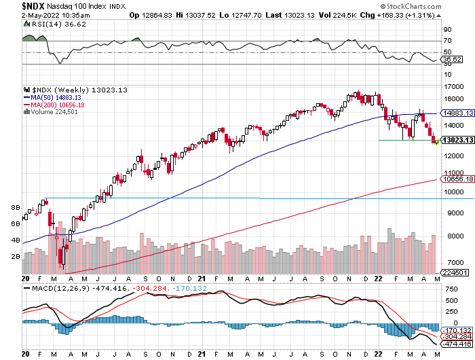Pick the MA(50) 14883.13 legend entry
[61, 98]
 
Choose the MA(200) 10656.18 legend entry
[63, 105]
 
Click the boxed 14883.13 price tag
[456, 113]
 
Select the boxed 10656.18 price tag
[456, 179]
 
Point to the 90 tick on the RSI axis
[447, 30]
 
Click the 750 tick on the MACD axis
[449, 289]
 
